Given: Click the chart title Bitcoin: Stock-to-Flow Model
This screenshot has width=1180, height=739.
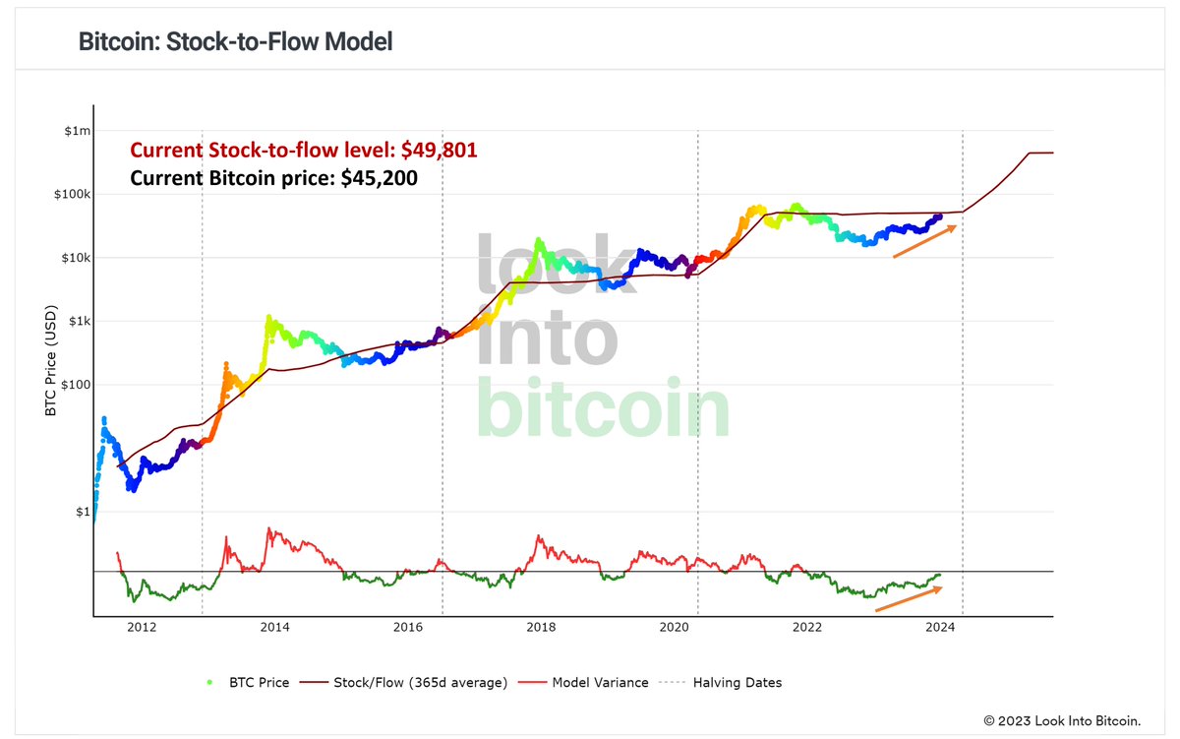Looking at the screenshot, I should tap(235, 42).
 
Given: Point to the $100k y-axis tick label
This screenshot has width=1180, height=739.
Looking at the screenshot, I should tap(72, 194).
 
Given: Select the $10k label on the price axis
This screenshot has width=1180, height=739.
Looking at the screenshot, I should tap(75, 258).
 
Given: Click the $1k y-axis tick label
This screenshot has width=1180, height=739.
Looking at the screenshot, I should tap(78, 321).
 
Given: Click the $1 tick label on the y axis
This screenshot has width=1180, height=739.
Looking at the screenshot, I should tap(83, 512).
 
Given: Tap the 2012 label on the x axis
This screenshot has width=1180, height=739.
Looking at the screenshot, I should tap(141, 627).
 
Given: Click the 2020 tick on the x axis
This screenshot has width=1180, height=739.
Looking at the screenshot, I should tap(674, 627).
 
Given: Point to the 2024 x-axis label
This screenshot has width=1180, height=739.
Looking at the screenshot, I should tap(940, 627).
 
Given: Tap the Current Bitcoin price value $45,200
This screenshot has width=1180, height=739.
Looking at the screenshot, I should tap(380, 179).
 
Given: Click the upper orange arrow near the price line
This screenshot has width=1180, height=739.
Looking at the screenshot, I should tap(924, 241).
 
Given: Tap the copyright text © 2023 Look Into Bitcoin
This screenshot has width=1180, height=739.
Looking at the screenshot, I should tap(1062, 721).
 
